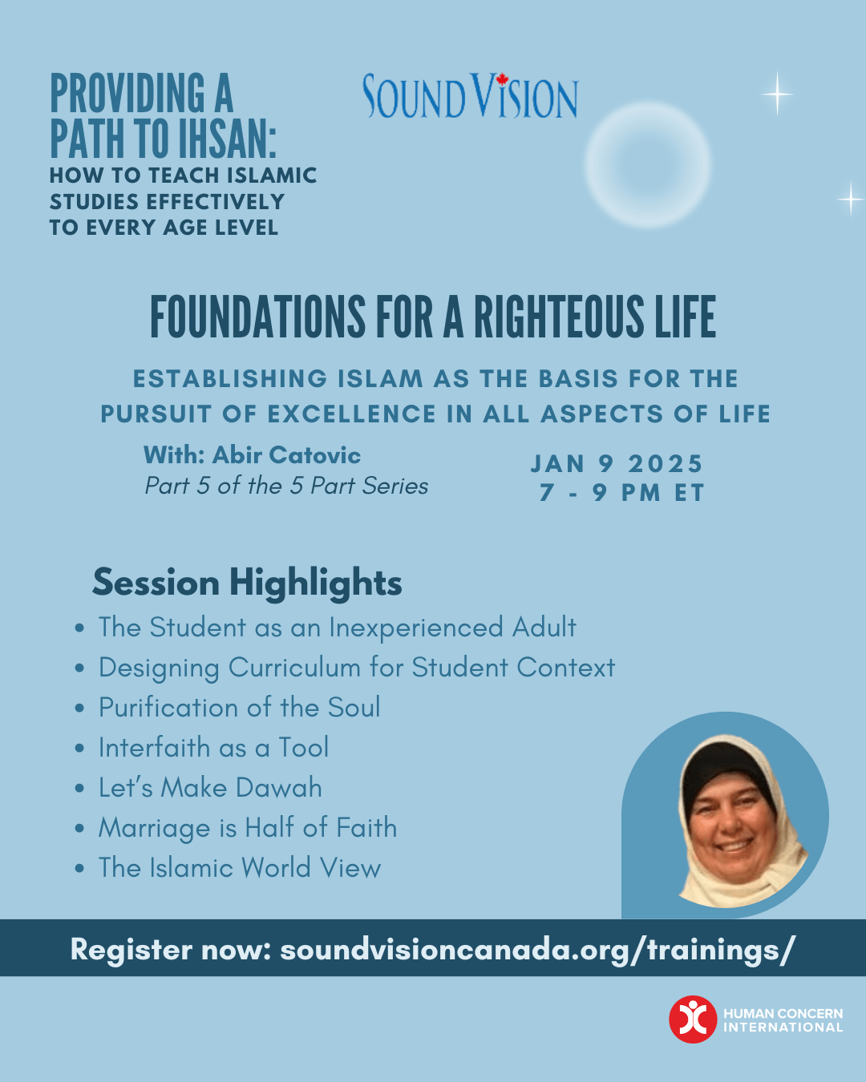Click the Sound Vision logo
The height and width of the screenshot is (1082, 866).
pyautogui.click(x=470, y=95)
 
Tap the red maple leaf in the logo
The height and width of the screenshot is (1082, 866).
pyautogui.click(x=502, y=79)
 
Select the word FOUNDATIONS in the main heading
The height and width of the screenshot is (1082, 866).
pyautogui.click(x=257, y=317)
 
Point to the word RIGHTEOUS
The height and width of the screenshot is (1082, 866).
pyautogui.click(x=559, y=317)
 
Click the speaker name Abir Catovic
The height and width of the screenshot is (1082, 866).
pyautogui.click(x=286, y=455)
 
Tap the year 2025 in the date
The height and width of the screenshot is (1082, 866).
pyautogui.click(x=665, y=463)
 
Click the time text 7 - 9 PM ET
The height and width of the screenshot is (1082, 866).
pyautogui.click(x=621, y=492)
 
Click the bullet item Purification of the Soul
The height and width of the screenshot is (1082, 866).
pyautogui.click(x=240, y=708)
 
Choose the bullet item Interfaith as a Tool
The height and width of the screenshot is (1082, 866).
pyautogui.click(x=214, y=747)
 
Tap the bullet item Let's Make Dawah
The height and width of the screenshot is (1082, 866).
pyautogui.click(x=210, y=787)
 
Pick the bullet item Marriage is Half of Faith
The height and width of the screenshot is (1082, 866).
pyautogui.click(x=248, y=828)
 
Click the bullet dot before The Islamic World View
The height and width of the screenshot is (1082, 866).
pyautogui.click(x=79, y=868)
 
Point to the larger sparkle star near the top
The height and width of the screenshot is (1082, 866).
pyautogui.click(x=778, y=94)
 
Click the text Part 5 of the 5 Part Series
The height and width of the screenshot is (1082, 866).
pyautogui.click(x=286, y=486)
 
